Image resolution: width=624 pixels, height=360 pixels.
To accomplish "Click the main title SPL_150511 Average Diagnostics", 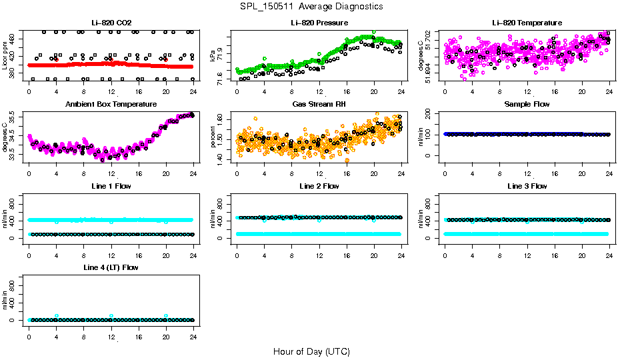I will pos(312,6).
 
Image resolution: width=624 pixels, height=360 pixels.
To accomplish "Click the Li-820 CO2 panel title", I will pos(111,23).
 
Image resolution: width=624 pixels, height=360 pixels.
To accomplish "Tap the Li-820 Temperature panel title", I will pos(527,23).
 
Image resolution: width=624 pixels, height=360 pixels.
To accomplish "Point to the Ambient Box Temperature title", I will pos(111,105).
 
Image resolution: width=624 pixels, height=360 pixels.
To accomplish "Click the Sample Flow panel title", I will pos(527,105).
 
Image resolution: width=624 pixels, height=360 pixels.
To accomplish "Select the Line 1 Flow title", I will pos(111,186).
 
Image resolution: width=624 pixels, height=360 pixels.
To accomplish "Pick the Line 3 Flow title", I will pos(527,186).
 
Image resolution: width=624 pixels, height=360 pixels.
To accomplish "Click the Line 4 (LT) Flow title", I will pos(111,267).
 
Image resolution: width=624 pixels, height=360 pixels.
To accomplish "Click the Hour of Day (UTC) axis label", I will pos(311,351).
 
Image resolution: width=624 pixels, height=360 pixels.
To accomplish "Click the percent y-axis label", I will pos(213,137).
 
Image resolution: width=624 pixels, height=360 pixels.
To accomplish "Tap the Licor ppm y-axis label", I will pos(5,56).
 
